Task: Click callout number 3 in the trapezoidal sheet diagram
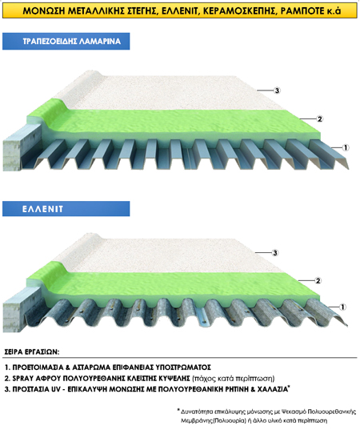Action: (277, 90)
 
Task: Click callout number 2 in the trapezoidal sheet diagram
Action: (319, 119)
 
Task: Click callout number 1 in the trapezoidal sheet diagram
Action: (346, 147)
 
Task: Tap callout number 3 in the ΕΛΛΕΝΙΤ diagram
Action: (275, 252)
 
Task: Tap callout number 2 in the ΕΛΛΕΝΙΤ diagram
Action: (318, 281)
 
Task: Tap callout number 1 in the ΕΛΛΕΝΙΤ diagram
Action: (342, 307)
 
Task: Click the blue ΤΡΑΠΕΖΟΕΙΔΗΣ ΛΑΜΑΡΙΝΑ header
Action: (66, 41)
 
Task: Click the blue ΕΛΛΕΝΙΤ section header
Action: (66, 209)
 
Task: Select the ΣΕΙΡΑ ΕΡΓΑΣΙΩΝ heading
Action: (32, 352)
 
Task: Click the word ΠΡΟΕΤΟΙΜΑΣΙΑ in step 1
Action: (38, 368)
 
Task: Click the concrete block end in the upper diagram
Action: (12, 155)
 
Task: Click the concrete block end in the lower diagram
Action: (12, 318)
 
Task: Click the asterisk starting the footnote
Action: (178, 411)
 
